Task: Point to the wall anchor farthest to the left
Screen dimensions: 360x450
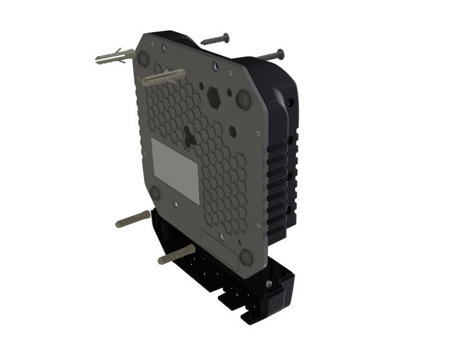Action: tap(113, 59)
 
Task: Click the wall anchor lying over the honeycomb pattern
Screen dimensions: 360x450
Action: tap(165, 77)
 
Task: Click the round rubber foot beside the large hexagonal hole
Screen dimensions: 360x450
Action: tap(244, 100)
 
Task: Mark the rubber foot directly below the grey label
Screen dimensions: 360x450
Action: tap(154, 192)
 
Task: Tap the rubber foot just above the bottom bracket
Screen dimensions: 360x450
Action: tap(246, 258)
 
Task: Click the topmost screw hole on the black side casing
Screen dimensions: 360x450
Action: tap(291, 104)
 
